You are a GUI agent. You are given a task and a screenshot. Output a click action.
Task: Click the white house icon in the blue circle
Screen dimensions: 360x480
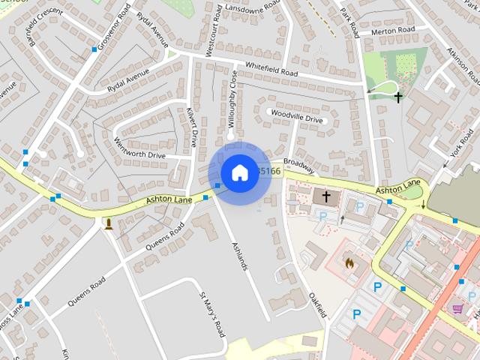pyautogui.click(x=239, y=173)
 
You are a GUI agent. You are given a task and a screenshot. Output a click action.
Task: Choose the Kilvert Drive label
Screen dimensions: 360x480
pyautogui.click(x=191, y=126)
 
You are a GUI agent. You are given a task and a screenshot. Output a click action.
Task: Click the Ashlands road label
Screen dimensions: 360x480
pyautogui.click(x=238, y=256)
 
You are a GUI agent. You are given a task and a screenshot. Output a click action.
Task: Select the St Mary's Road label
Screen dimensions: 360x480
pyautogui.click(x=212, y=313)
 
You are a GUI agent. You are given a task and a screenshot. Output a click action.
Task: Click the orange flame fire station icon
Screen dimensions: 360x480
pyautogui.click(x=348, y=263)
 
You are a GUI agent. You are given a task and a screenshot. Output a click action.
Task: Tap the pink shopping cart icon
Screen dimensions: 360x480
pyautogui.click(x=457, y=308)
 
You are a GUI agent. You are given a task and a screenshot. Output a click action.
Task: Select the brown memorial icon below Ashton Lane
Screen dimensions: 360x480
pyautogui.click(x=109, y=223)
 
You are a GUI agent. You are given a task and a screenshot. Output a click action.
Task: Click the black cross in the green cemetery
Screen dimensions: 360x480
pyautogui.click(x=397, y=97)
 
